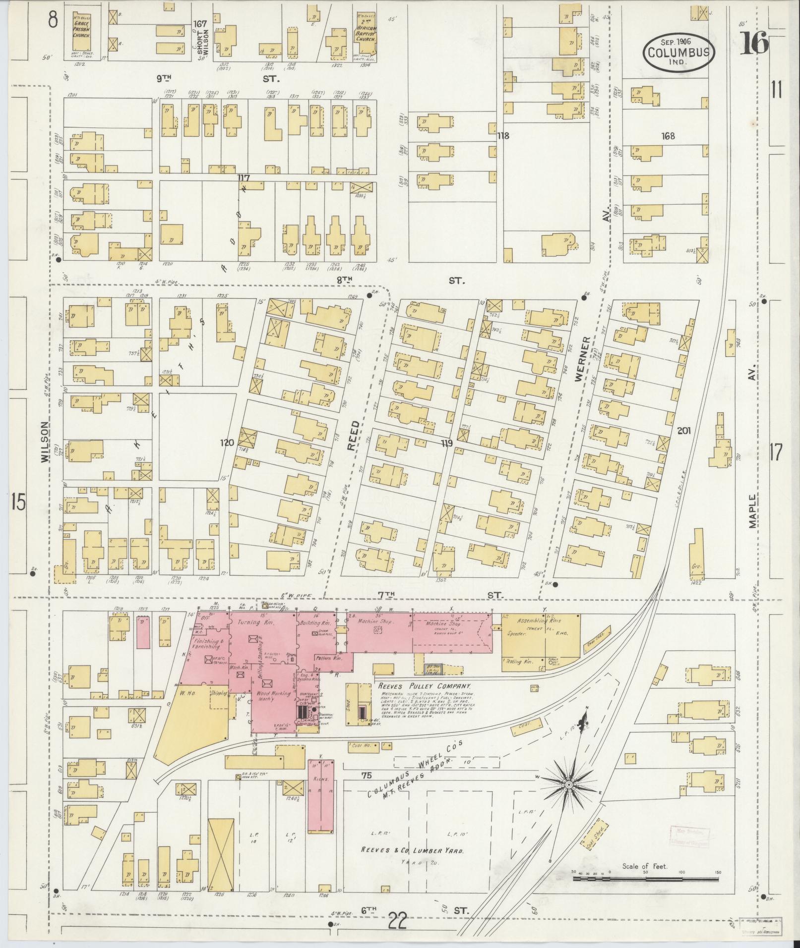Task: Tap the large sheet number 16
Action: [755, 43]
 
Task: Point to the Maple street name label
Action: [753, 511]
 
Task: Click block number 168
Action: [668, 136]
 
